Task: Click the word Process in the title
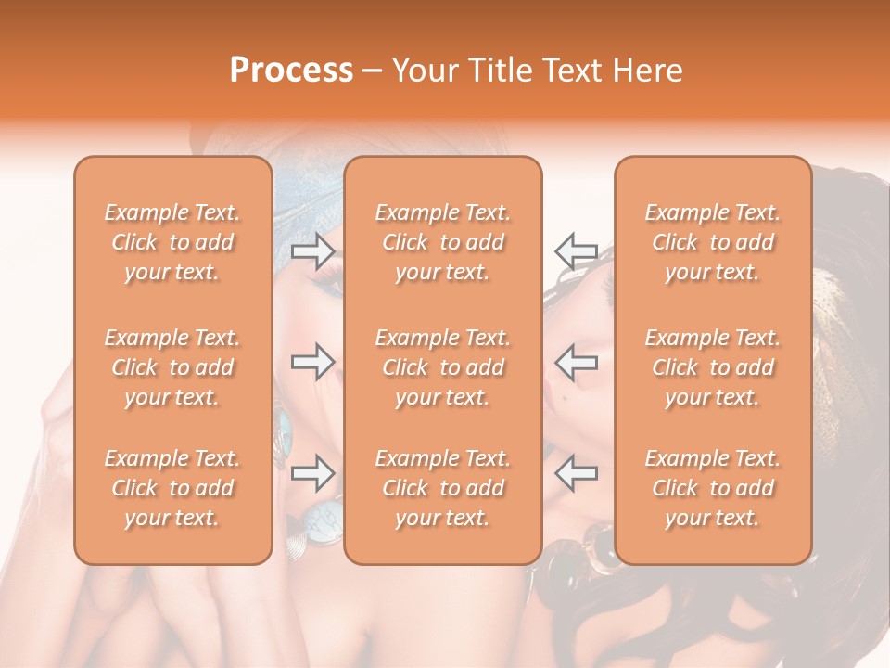click(291, 71)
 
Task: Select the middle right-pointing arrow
click(312, 362)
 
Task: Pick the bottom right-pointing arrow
click(312, 473)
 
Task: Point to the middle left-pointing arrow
click(576, 362)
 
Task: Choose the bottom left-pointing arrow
click(576, 473)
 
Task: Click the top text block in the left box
click(172, 242)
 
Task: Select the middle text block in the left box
click(172, 367)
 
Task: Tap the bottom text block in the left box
click(172, 488)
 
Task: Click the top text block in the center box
click(443, 242)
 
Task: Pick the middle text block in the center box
click(443, 367)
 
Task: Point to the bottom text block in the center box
click(443, 488)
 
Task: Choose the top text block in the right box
click(713, 242)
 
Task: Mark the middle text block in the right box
click(713, 367)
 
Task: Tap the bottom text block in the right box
click(713, 488)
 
